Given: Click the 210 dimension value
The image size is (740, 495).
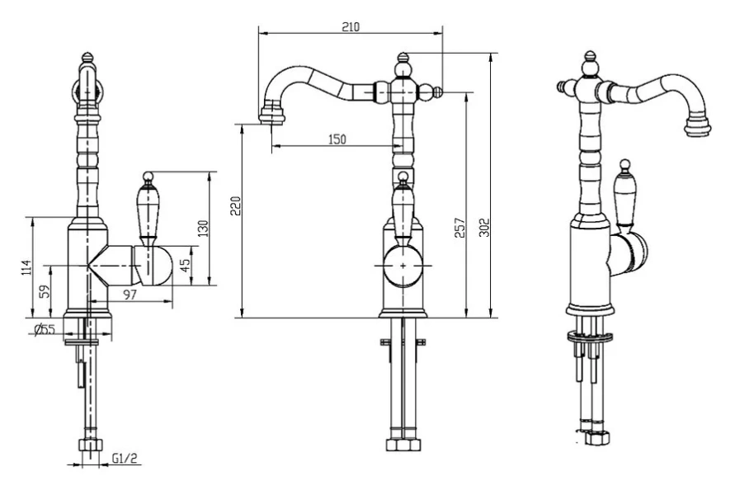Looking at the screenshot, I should pos(351,26).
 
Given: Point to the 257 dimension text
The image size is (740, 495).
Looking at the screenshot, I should pos(460,228).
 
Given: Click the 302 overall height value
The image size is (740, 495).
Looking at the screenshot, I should pos(485,227).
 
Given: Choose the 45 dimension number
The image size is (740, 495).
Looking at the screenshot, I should pos(185,266).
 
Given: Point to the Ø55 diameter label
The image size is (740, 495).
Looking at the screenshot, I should pos(45,329).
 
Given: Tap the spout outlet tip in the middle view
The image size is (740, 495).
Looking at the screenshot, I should pos(271,115).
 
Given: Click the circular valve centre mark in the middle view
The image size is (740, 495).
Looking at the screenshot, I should pos(403,266).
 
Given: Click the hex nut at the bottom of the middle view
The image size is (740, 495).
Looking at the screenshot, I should pos(403,443).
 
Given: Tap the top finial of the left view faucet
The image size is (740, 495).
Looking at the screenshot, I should pos(90,60).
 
